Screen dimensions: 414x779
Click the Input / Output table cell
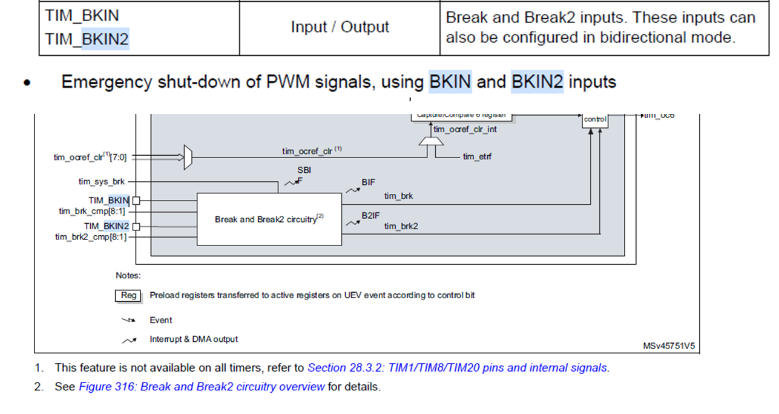(x=340, y=27)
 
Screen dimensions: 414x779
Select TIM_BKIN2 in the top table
(x=87, y=39)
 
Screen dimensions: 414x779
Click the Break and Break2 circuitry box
(x=269, y=219)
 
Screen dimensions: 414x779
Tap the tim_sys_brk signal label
(x=102, y=181)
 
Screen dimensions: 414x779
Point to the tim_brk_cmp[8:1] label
(x=92, y=212)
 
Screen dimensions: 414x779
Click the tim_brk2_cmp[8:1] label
(x=91, y=237)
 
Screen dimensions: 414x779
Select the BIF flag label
(x=369, y=181)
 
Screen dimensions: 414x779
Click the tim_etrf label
(x=478, y=157)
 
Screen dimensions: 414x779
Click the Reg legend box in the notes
(x=128, y=296)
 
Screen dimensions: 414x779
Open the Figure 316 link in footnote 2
(x=202, y=387)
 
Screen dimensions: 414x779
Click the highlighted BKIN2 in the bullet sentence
(x=537, y=82)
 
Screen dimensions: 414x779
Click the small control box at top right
(x=594, y=120)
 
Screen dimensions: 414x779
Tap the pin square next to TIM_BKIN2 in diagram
(x=136, y=227)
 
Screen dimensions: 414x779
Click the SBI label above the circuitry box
(x=303, y=170)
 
